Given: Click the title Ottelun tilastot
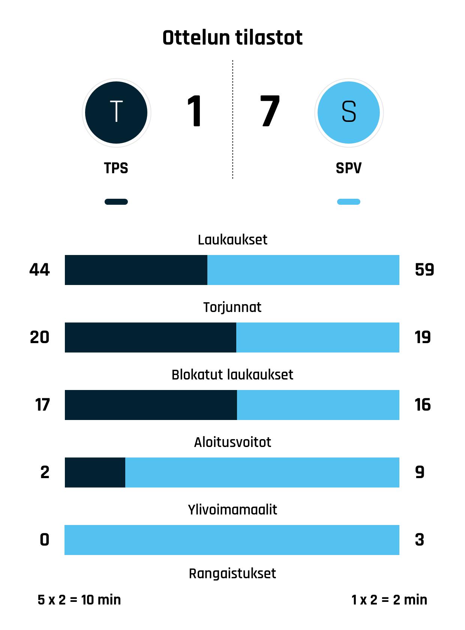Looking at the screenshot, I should tap(232, 38).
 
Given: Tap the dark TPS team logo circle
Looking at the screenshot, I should tap(116, 112).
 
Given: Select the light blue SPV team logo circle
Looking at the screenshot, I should tap(349, 112).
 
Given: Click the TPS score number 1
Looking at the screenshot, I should tap(195, 111).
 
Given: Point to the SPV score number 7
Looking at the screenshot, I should tap(270, 111).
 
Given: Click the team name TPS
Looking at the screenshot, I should tap(116, 168).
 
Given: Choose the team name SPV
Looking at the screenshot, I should tap(349, 168).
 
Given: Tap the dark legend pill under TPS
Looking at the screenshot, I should tap(116, 202).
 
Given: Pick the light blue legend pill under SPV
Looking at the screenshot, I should tap(349, 202).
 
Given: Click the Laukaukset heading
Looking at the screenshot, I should tap(232, 240).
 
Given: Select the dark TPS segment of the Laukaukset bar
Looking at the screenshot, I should tap(136, 270).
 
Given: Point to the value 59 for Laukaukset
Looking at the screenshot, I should tap(424, 270).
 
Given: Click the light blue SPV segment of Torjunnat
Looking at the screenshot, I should tap(318, 337).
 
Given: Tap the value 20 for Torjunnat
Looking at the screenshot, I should tap(40, 337).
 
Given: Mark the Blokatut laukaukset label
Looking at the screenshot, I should tap(232, 375).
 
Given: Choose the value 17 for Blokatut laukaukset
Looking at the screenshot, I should tap(42, 405).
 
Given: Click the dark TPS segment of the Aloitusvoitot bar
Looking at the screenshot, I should tap(95, 472).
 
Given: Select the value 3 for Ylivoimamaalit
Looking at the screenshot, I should tap(420, 540).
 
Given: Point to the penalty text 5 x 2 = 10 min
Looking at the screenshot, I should tap(79, 600).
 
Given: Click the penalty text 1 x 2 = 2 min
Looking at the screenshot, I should tap(389, 600).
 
